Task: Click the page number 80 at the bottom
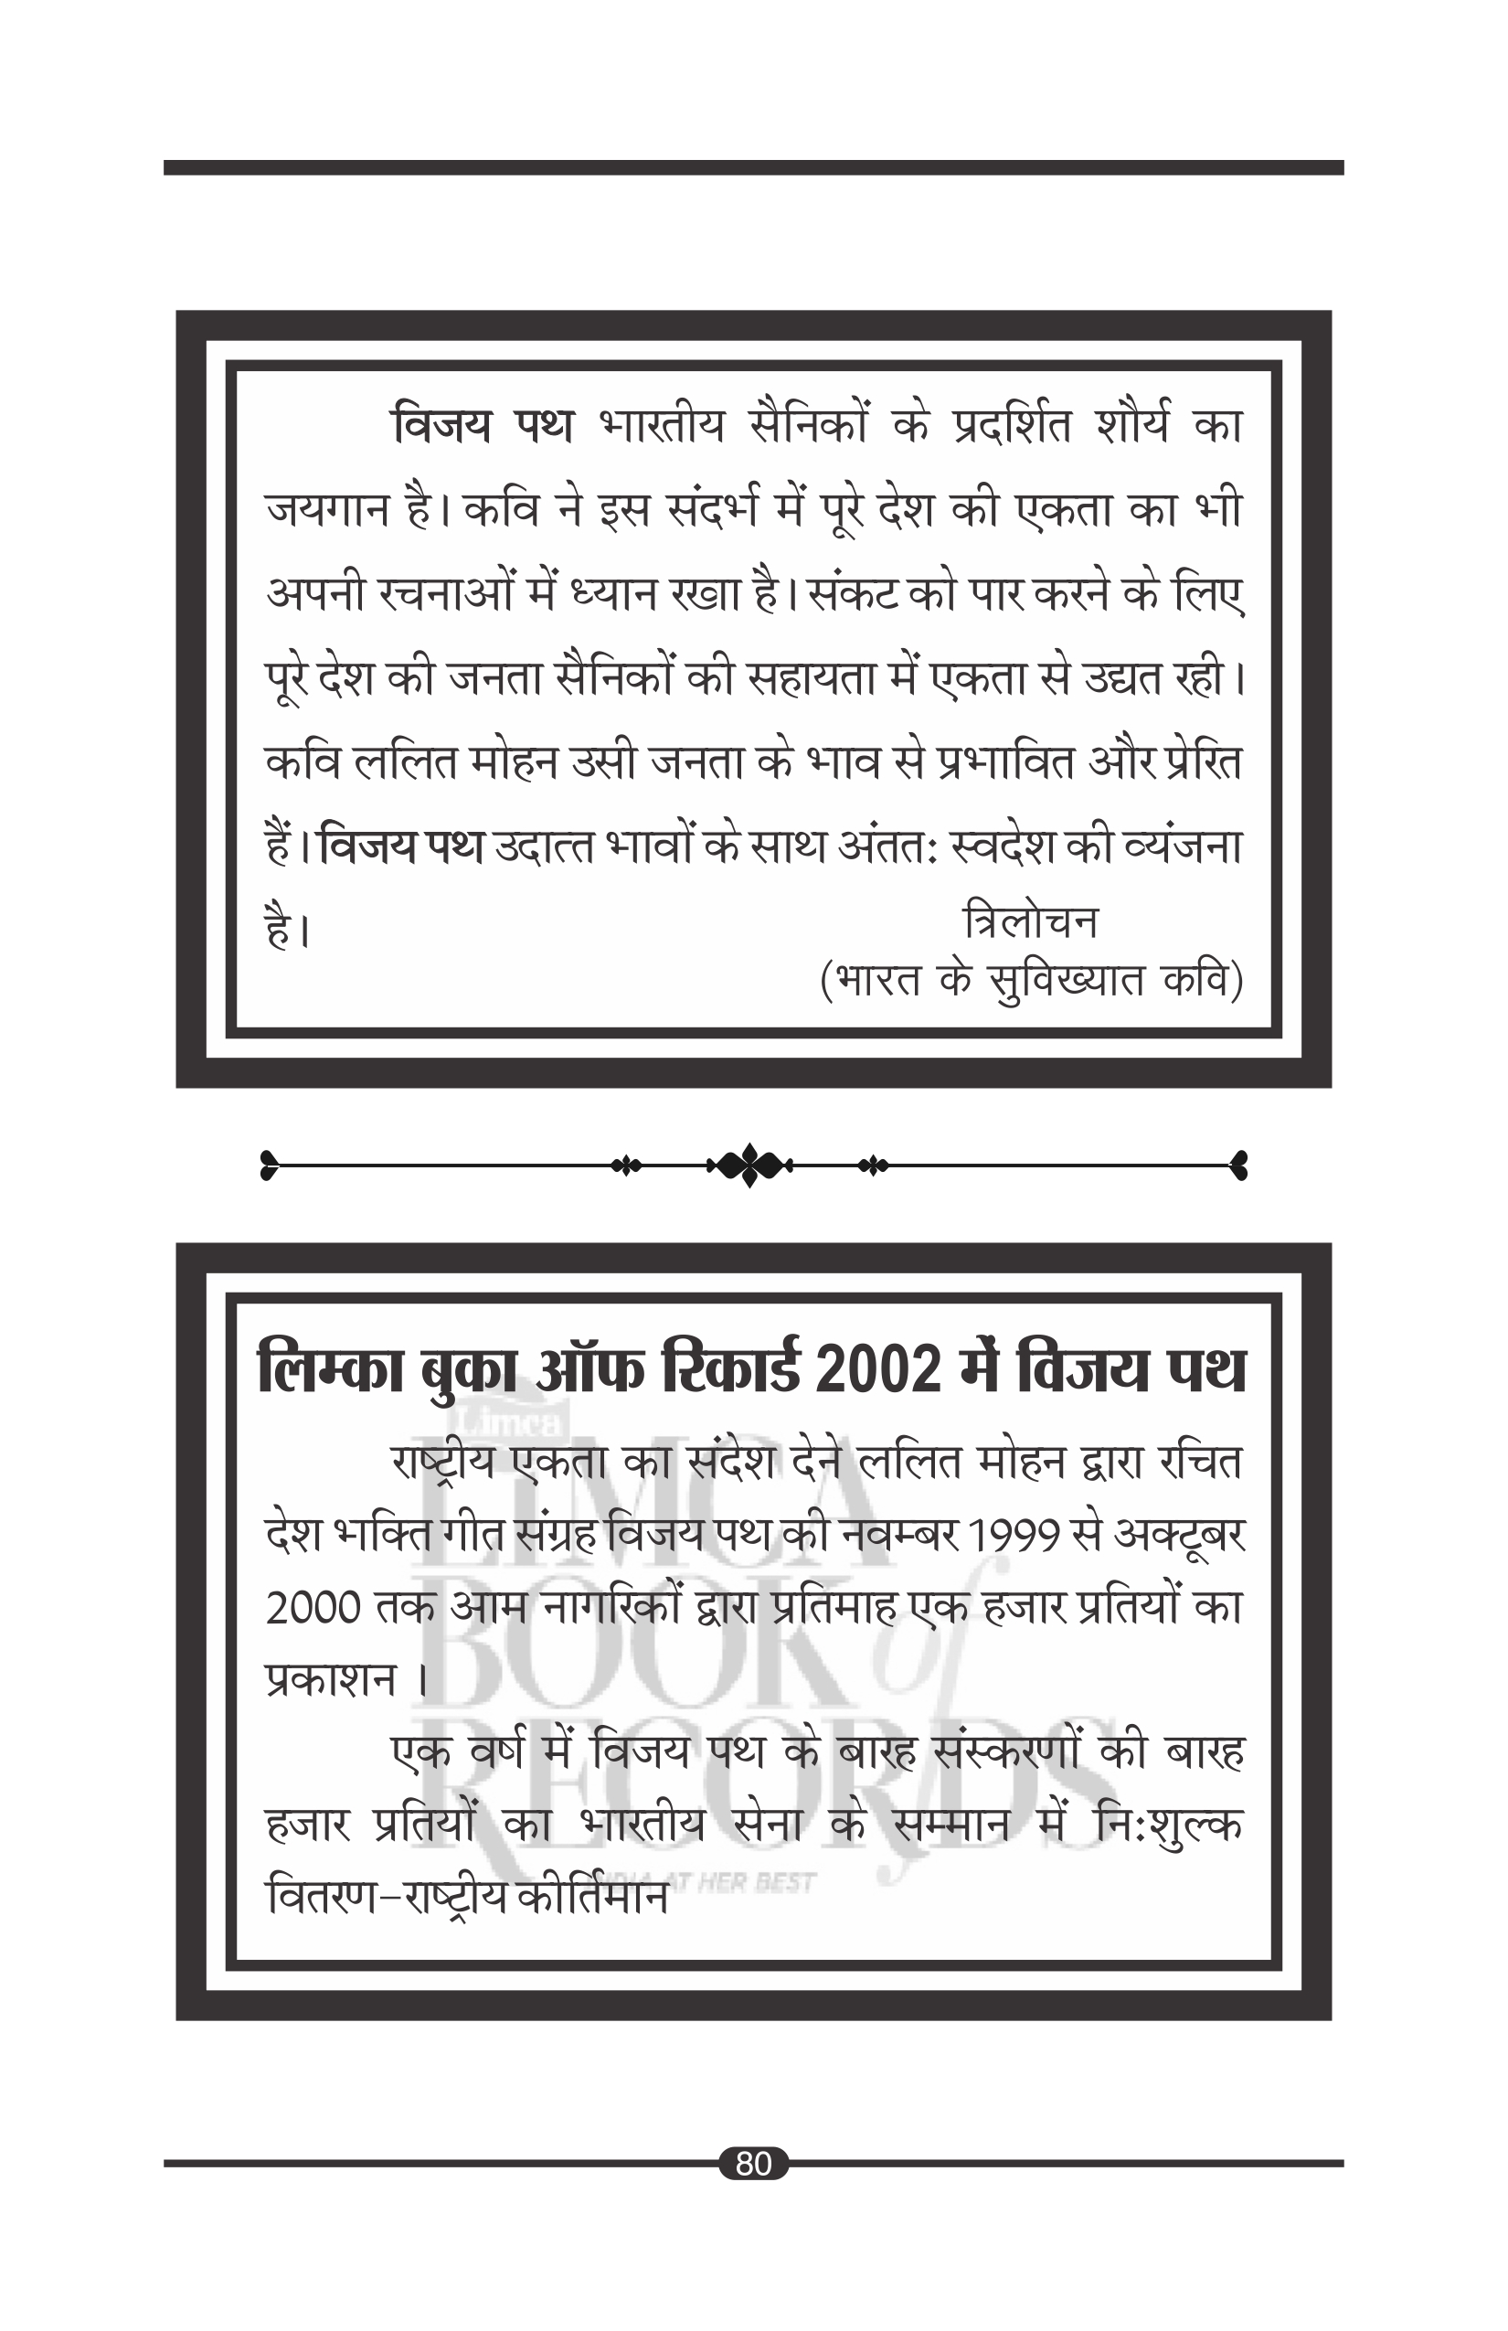click(x=753, y=2163)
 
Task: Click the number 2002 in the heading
click(x=877, y=1369)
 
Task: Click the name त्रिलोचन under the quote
click(x=1030, y=921)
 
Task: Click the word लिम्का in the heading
click(x=331, y=1369)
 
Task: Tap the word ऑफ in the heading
click(x=589, y=1369)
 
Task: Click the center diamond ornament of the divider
click(x=749, y=1165)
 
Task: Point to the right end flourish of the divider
click(x=1237, y=1165)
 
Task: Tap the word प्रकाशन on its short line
click(x=331, y=1681)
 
